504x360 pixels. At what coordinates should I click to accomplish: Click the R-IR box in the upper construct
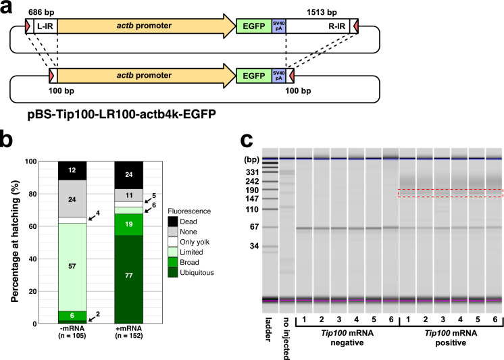(x=325, y=26)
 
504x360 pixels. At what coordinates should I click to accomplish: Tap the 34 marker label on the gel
(x=254, y=246)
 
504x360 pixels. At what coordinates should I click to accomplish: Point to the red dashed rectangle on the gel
(x=450, y=193)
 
